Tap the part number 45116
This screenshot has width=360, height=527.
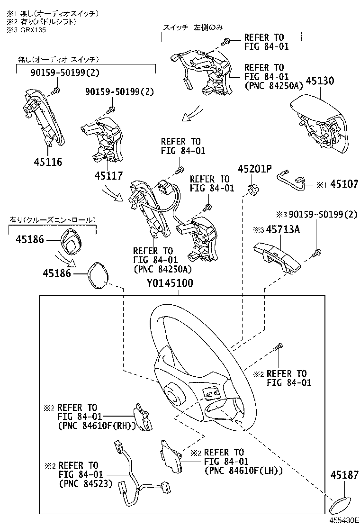[x=47, y=162]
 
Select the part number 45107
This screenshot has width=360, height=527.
[x=344, y=184]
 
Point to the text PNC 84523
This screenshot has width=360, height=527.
[x=86, y=484]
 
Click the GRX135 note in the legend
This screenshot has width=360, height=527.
[x=24, y=29]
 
